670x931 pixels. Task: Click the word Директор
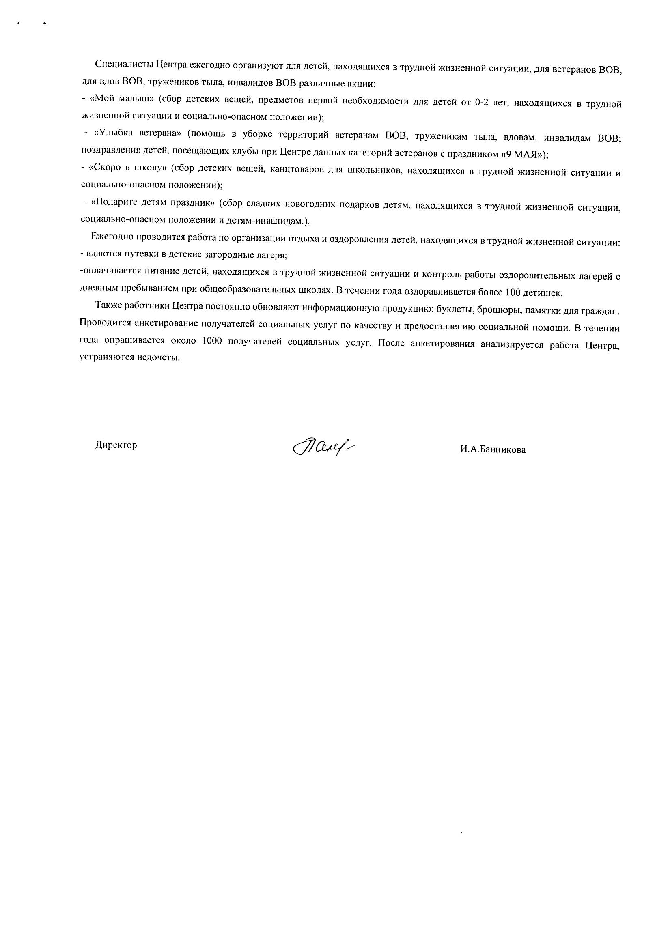tap(116, 445)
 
